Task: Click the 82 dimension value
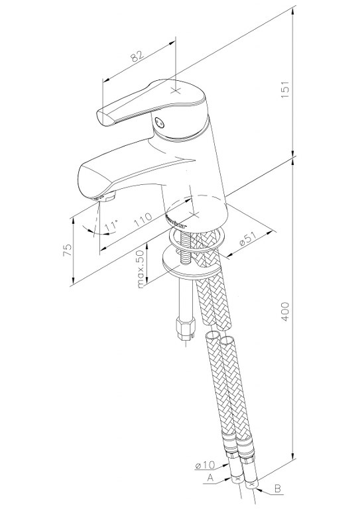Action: (138, 56)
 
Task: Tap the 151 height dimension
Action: (284, 89)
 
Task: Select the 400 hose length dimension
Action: (284, 311)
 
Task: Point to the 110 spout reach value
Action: (143, 220)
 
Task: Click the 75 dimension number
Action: (67, 251)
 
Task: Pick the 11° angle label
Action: (111, 226)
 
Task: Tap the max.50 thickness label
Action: (141, 269)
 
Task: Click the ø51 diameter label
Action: (249, 239)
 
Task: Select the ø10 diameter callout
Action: (205, 465)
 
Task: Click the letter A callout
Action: (210, 478)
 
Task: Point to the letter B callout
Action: (277, 488)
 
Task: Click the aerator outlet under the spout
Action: (103, 197)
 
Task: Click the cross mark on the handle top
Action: (176, 90)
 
